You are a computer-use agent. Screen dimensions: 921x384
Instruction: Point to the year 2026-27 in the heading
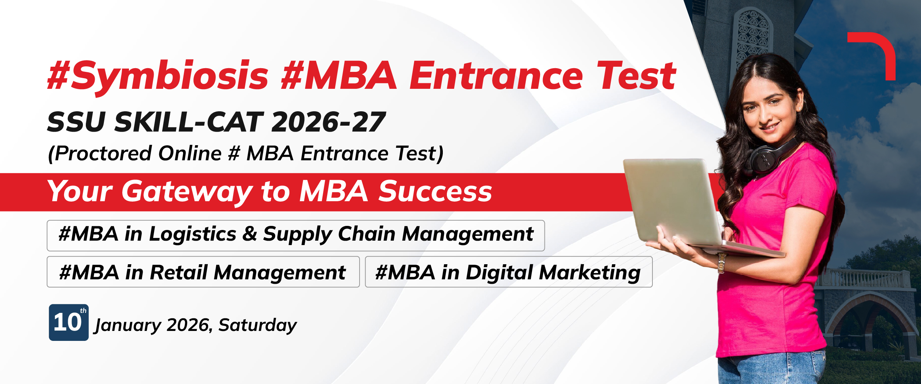(x=329, y=122)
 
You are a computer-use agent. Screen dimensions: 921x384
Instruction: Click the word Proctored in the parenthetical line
(x=100, y=153)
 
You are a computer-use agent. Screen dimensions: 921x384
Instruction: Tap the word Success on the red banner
(x=435, y=191)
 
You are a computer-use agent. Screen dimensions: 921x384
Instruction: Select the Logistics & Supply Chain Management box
(x=296, y=235)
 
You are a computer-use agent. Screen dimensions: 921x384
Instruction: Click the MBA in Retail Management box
(x=203, y=272)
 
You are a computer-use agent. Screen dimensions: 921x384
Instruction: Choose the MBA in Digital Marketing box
(x=509, y=272)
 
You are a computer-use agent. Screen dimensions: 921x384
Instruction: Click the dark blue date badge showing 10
(x=69, y=322)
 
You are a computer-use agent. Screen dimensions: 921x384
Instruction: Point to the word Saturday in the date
(x=258, y=325)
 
